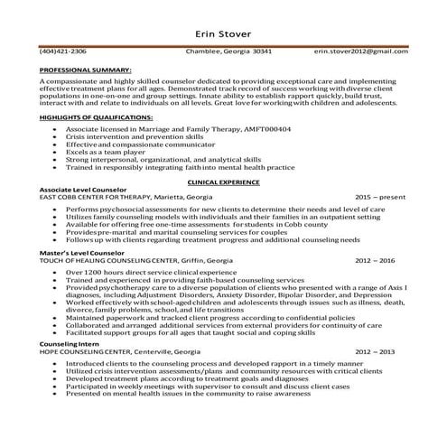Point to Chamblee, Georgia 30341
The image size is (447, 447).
pos(223,51)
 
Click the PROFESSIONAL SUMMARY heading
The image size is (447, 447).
pos(86,69)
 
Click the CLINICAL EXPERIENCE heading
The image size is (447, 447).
pos(223,182)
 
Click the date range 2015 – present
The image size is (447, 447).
pos(380,196)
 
